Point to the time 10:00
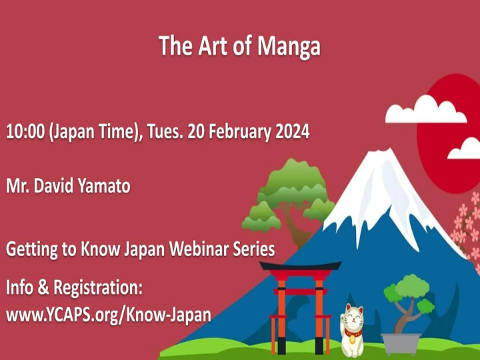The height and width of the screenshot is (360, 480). pos(24,131)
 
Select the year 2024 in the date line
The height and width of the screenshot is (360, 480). pos(290,131)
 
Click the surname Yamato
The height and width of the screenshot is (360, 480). pos(103,185)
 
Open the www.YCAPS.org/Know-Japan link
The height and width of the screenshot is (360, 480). pos(109,313)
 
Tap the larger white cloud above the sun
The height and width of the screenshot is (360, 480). pos(425,109)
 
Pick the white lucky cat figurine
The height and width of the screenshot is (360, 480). pos(352,329)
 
